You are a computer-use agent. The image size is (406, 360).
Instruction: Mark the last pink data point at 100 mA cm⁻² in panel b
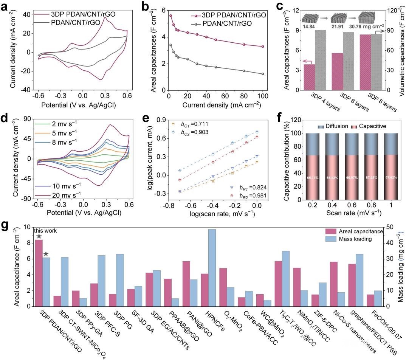click(263, 47)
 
